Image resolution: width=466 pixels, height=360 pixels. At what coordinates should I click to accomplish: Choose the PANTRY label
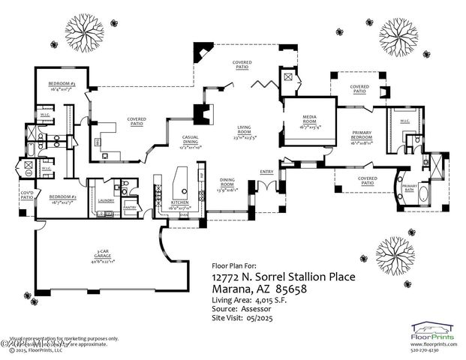pyautogui.click(x=129, y=208)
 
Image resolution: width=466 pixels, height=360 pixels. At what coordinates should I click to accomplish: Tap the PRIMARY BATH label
pyautogui.click(x=410, y=187)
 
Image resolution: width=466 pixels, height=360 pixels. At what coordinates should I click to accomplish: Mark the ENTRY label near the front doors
pyautogui.click(x=267, y=172)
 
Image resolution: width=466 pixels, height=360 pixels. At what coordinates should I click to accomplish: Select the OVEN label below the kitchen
pyautogui.click(x=184, y=214)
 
